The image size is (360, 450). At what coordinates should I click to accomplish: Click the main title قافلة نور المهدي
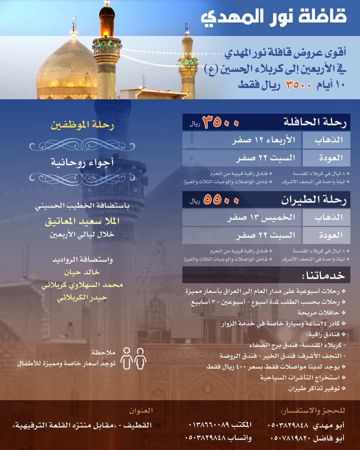(x=274, y=17)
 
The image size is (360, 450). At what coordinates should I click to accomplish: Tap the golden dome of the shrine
(x=64, y=70)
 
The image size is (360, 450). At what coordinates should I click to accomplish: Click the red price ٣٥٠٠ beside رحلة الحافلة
(x=221, y=122)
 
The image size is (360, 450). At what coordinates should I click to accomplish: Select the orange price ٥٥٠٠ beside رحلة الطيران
(x=221, y=200)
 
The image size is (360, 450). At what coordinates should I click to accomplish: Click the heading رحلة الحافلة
(x=315, y=122)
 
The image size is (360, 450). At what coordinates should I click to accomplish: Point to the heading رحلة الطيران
(x=313, y=200)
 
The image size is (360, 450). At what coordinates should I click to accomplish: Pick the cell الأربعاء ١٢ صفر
(x=263, y=140)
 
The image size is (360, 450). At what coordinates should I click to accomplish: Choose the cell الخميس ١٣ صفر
(x=261, y=217)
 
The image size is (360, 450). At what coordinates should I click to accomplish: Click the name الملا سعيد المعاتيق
(x=82, y=222)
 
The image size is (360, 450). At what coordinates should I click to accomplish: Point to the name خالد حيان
(x=82, y=272)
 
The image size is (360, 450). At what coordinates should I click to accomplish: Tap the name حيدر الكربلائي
(x=82, y=298)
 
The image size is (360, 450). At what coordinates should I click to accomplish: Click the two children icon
(x=133, y=358)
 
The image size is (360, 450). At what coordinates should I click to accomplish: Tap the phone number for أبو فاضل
(x=290, y=438)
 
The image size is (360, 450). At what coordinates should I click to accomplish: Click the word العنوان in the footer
(x=141, y=411)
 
